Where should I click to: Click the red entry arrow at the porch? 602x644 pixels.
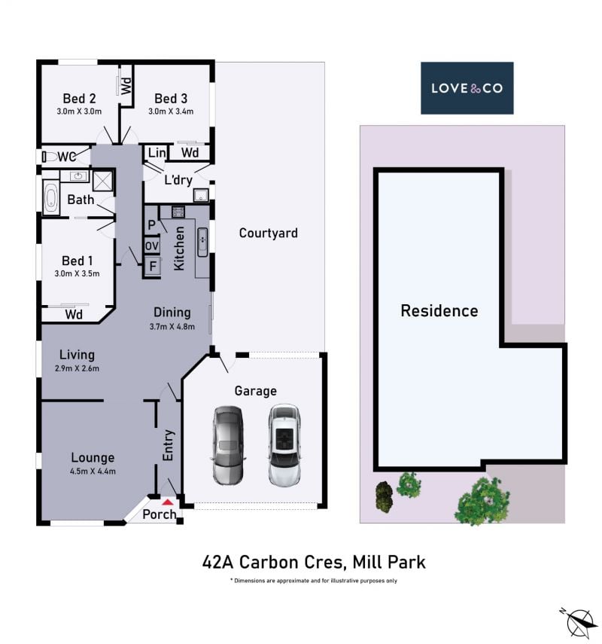pyautogui.click(x=167, y=502)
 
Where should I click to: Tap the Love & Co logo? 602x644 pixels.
pyautogui.click(x=467, y=88)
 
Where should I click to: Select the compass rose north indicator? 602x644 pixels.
pyautogui.click(x=579, y=622)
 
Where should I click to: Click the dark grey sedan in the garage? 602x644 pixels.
pyautogui.click(x=228, y=446)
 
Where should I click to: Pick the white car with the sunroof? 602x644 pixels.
pyautogui.click(x=284, y=445)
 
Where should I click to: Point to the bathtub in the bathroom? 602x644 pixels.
pyautogui.click(x=51, y=198)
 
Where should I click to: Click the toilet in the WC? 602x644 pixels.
pyautogui.click(x=50, y=157)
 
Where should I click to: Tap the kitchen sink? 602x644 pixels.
pyautogui.click(x=202, y=242)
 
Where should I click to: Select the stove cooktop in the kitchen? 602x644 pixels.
pyautogui.click(x=178, y=212)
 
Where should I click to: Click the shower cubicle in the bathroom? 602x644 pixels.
pyautogui.click(x=102, y=181)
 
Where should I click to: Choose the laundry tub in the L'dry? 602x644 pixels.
pyautogui.click(x=201, y=194)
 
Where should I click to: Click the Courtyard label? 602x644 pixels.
pyautogui.click(x=269, y=233)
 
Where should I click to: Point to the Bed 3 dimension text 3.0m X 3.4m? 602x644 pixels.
pyautogui.click(x=171, y=111)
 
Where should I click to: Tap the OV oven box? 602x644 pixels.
pyautogui.click(x=152, y=246)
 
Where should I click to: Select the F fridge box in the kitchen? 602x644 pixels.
pyautogui.click(x=153, y=267)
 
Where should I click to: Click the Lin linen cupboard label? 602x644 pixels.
pyautogui.click(x=157, y=153)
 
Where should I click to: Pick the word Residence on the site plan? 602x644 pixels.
pyautogui.click(x=439, y=311)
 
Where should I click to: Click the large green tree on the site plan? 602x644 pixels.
pyautogui.click(x=484, y=501)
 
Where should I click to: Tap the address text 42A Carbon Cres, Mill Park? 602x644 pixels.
pyautogui.click(x=314, y=562)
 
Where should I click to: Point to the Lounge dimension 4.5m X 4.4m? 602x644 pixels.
pyautogui.click(x=93, y=472)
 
